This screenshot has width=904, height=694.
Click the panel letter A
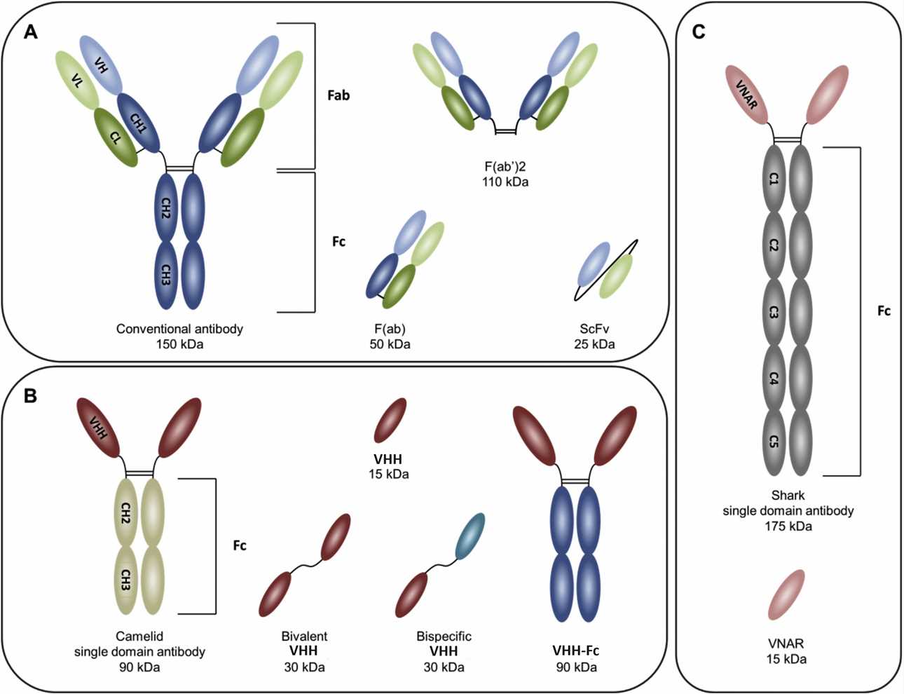(30, 32)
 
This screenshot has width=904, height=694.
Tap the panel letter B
(30, 396)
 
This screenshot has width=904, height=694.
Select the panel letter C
(698, 32)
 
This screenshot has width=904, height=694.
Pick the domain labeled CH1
(139, 123)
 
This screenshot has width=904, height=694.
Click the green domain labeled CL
(116, 137)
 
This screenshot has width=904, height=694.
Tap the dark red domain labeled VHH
(99, 428)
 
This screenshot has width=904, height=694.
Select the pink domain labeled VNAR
(747, 95)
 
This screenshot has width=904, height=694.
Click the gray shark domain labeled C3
(774, 311)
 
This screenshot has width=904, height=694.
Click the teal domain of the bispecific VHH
(470, 536)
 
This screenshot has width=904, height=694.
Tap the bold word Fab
(338, 95)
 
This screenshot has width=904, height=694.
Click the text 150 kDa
(179, 344)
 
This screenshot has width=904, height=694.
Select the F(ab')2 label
(505, 168)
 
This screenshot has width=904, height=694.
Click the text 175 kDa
(788, 526)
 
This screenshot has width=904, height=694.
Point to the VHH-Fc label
(575, 651)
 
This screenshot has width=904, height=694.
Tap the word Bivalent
(304, 637)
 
